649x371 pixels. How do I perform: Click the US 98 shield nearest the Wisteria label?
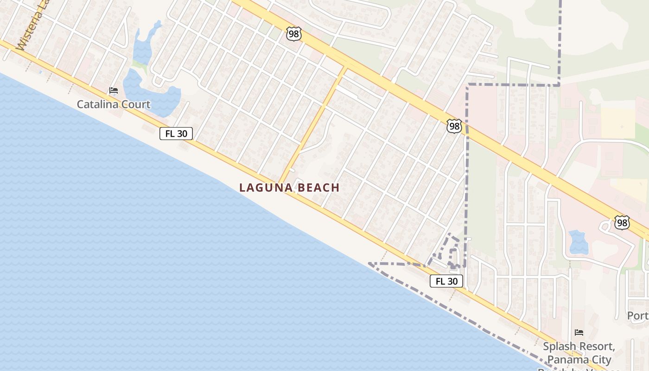tap(294, 33)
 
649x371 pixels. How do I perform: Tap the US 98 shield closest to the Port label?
tap(622, 223)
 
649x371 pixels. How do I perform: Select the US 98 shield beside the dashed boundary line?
tap(454, 126)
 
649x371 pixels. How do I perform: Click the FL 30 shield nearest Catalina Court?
tap(176, 134)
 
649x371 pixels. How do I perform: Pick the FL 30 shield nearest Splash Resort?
tap(446, 281)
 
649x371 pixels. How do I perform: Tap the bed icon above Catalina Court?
tap(113, 90)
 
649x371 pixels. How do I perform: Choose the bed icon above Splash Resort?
tap(579, 333)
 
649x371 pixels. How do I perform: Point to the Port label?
tap(638, 316)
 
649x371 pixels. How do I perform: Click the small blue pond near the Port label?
tap(578, 242)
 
